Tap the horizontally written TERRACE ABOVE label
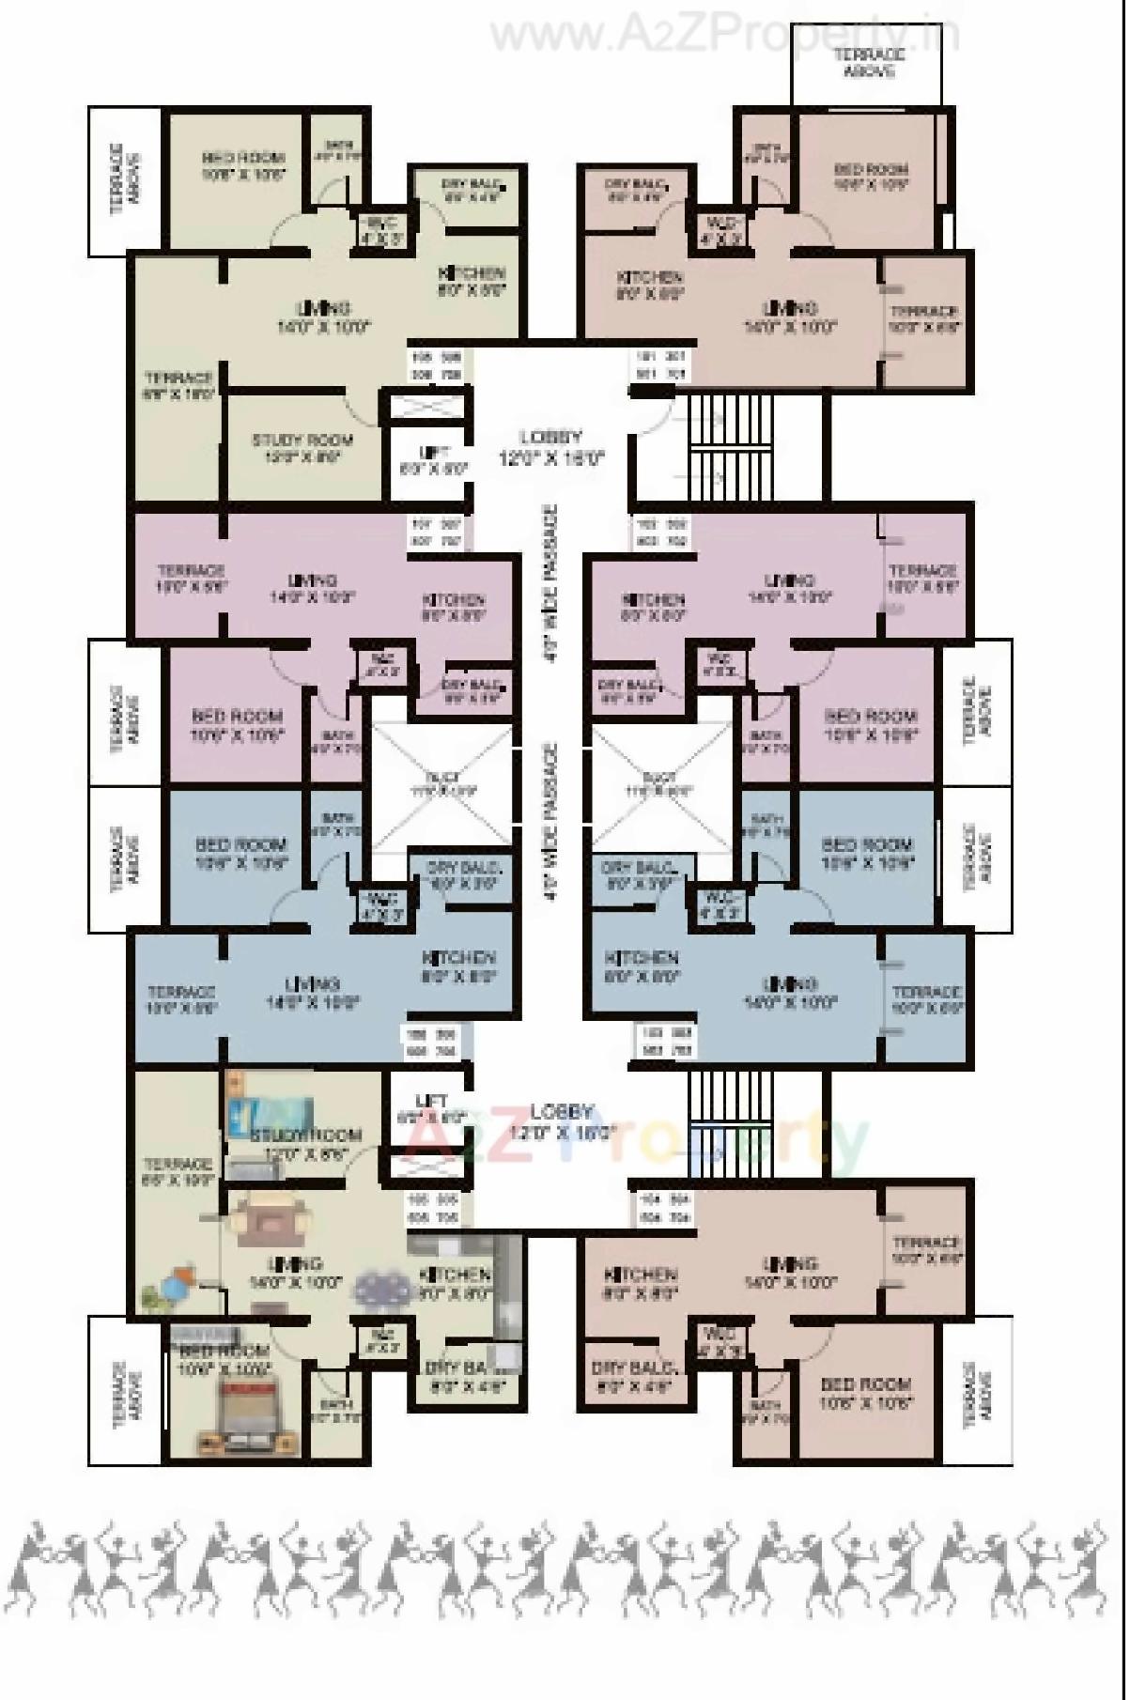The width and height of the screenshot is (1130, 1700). (867, 63)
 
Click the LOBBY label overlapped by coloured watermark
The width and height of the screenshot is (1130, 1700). (562, 1111)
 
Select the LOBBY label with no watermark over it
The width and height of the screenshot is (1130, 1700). (551, 437)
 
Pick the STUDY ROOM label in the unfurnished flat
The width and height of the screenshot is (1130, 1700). (302, 440)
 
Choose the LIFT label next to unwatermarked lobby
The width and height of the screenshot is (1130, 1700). (433, 454)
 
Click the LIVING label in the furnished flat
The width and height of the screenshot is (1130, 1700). (295, 1263)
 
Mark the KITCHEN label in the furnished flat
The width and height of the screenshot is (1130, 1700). (456, 1275)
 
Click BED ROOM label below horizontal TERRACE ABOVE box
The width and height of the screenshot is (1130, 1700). (872, 170)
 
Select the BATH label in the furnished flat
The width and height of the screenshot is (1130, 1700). (334, 1406)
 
